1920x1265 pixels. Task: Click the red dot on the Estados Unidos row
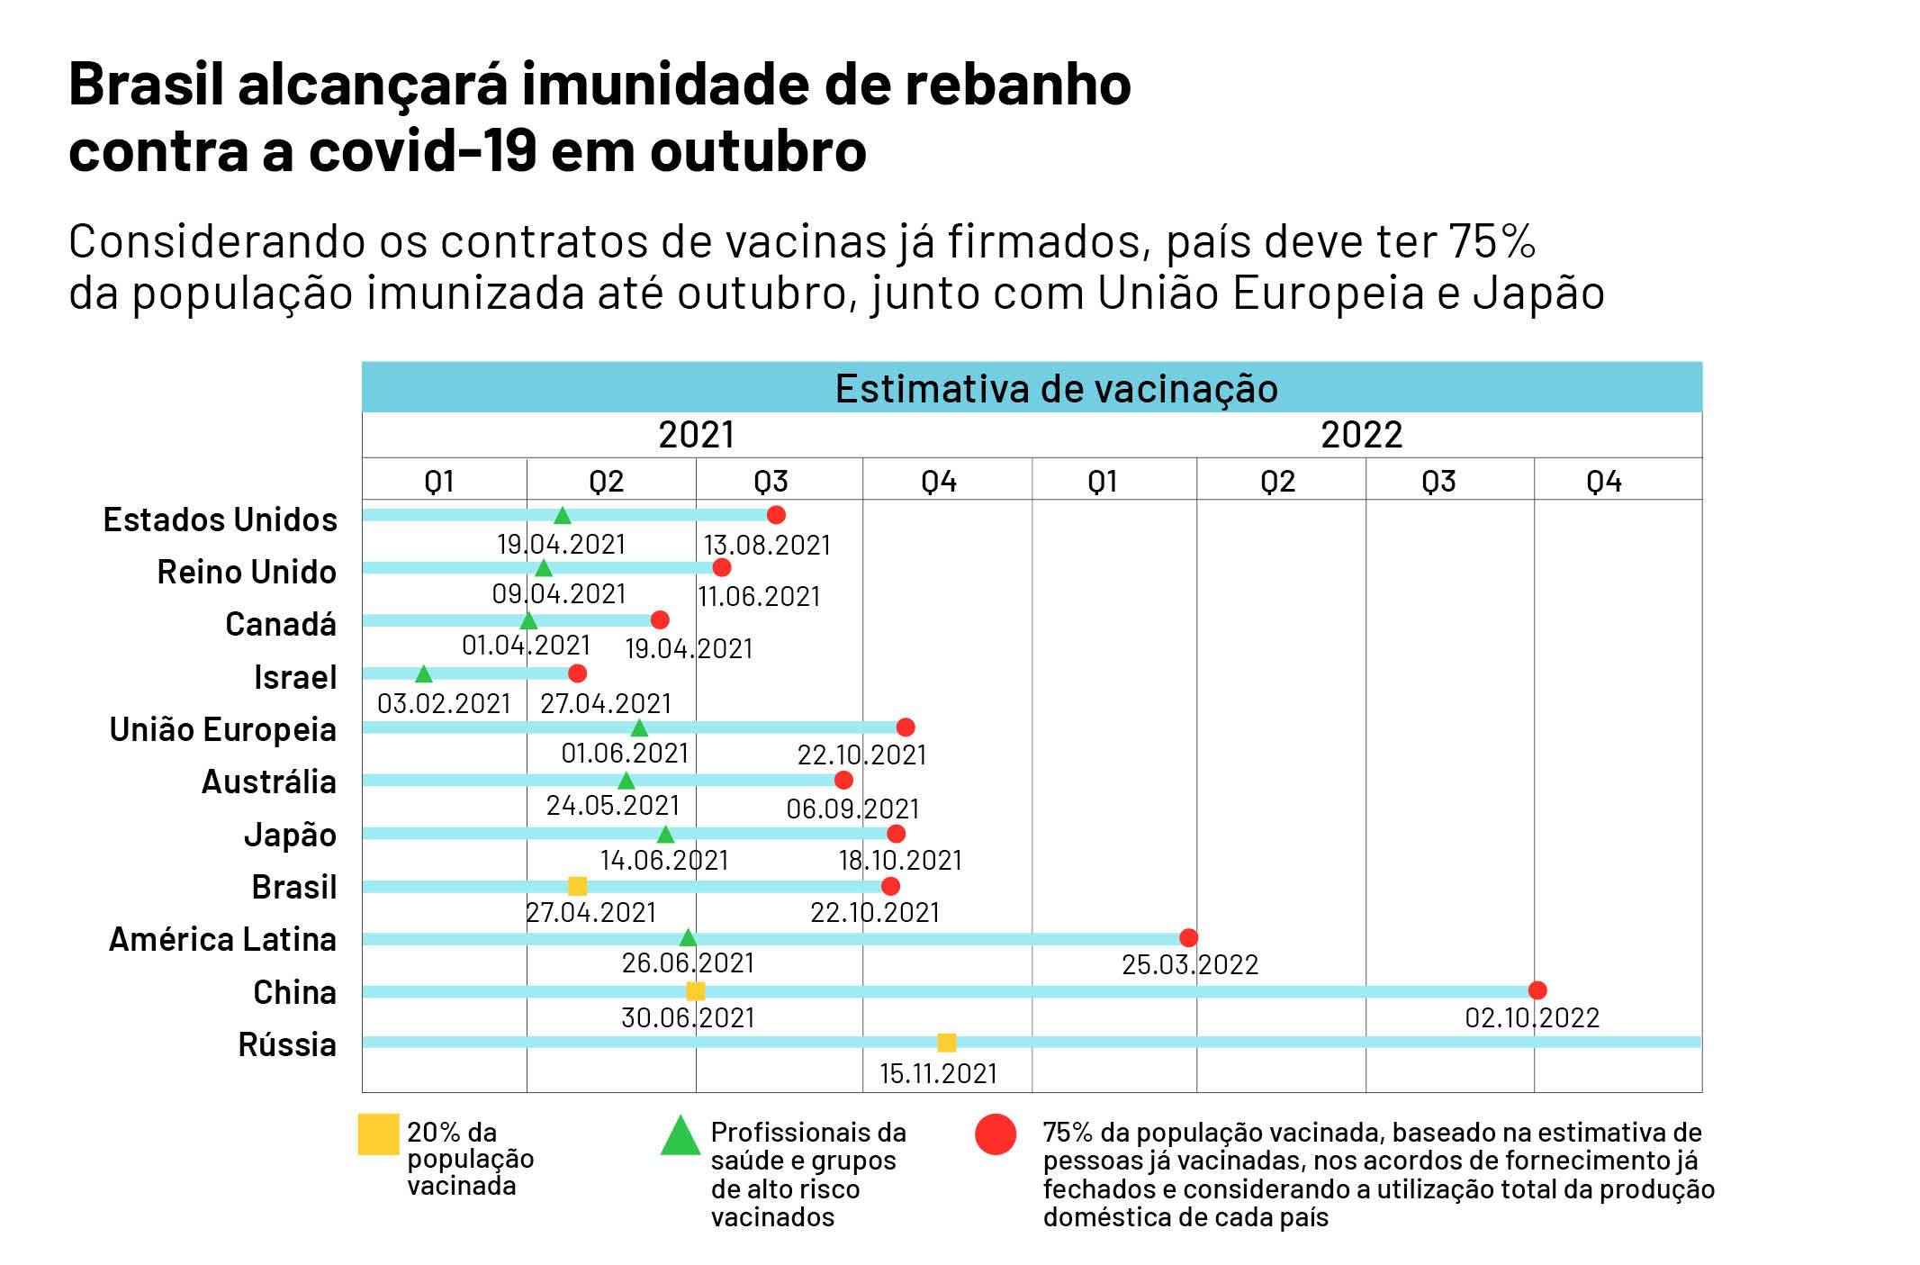(x=776, y=515)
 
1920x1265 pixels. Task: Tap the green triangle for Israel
(x=423, y=673)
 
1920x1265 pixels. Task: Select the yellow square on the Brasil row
(x=578, y=886)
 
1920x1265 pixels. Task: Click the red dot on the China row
(x=1537, y=990)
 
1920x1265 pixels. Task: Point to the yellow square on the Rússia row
(x=946, y=1043)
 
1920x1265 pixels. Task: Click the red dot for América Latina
(x=1188, y=938)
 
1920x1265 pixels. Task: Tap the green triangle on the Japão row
(x=665, y=834)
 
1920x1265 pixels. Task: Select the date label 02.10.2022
(x=1532, y=1018)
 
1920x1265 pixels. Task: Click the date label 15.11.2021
(x=938, y=1073)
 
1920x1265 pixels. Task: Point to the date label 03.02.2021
(x=444, y=703)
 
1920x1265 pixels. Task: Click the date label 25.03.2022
(x=1189, y=965)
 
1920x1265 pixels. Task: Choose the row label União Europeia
(x=222, y=729)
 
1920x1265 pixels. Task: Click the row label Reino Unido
(x=247, y=572)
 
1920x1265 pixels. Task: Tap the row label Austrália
(x=268, y=782)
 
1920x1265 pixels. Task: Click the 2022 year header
(x=1361, y=435)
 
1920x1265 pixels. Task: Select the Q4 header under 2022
(x=1603, y=482)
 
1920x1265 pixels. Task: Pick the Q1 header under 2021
(x=439, y=482)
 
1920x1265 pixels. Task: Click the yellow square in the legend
(x=378, y=1134)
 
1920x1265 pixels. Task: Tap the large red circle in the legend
(x=996, y=1134)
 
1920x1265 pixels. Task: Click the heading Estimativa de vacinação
(x=1056, y=389)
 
